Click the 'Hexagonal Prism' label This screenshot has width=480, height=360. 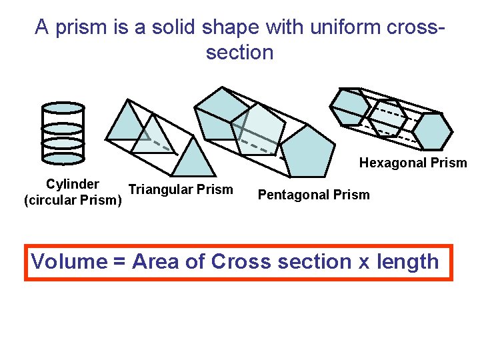coord(413,163)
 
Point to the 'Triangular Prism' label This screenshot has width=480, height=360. coord(181,189)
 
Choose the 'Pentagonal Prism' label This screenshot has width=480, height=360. coord(313,195)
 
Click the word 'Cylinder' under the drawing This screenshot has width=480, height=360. coord(73,184)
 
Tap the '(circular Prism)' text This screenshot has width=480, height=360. coord(73,199)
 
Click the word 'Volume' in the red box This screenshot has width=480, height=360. coord(69,261)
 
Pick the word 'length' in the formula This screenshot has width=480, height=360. coord(409,261)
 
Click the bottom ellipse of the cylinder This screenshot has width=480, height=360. coord(63,157)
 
